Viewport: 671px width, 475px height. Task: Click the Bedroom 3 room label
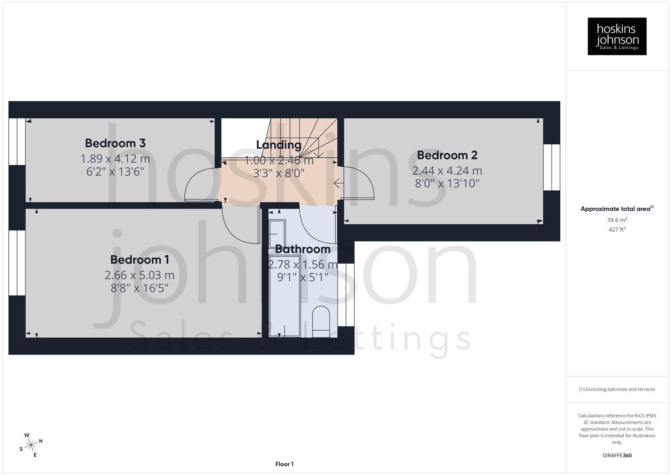[115, 143]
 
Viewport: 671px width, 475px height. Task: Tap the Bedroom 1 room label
[139, 259]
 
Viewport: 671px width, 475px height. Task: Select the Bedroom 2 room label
[447, 155]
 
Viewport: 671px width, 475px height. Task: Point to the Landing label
[279, 145]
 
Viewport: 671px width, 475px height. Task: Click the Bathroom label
[302, 249]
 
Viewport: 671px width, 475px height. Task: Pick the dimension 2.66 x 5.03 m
[139, 275]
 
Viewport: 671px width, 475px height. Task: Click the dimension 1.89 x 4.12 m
[115, 158]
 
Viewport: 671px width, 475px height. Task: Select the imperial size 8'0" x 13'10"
[447, 183]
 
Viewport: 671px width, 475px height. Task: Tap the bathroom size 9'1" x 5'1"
[302, 277]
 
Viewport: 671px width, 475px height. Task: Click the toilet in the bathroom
[320, 321]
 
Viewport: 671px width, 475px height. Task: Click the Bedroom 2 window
[551, 167]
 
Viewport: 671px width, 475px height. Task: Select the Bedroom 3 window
[17, 141]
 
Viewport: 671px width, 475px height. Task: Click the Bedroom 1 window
[17, 263]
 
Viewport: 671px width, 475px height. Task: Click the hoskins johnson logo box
[617, 36]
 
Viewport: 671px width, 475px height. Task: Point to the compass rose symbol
[31, 445]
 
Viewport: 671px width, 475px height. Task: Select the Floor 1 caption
[284, 464]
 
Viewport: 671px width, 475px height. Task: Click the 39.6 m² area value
[617, 220]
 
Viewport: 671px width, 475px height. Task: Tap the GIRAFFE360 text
[617, 455]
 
